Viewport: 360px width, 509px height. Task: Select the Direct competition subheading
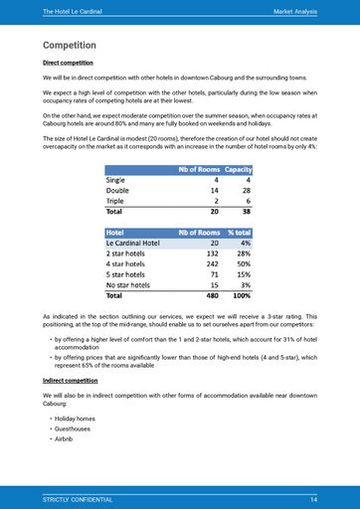point(69,63)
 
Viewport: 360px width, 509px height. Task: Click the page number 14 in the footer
point(313,498)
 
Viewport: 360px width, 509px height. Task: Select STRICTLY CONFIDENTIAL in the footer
point(78,498)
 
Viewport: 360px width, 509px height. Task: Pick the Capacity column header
point(238,169)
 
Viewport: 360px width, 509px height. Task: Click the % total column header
point(239,233)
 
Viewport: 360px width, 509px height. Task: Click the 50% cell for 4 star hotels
point(243,263)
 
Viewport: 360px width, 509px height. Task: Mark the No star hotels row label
point(131,284)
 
